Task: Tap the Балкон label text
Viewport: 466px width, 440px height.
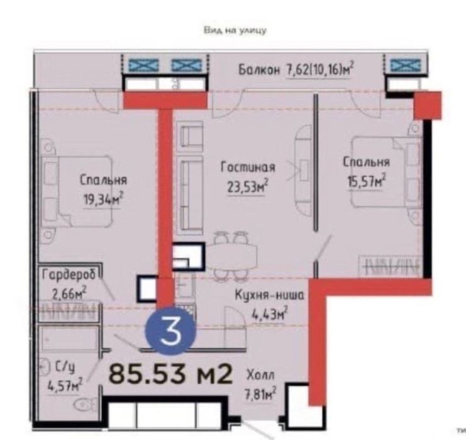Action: [x=258, y=70]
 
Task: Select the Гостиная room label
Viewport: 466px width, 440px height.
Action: [x=248, y=167]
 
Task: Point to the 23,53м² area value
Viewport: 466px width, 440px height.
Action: [x=248, y=186]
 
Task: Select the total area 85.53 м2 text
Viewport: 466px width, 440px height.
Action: [x=171, y=375]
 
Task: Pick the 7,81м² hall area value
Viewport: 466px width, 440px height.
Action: [x=262, y=395]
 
